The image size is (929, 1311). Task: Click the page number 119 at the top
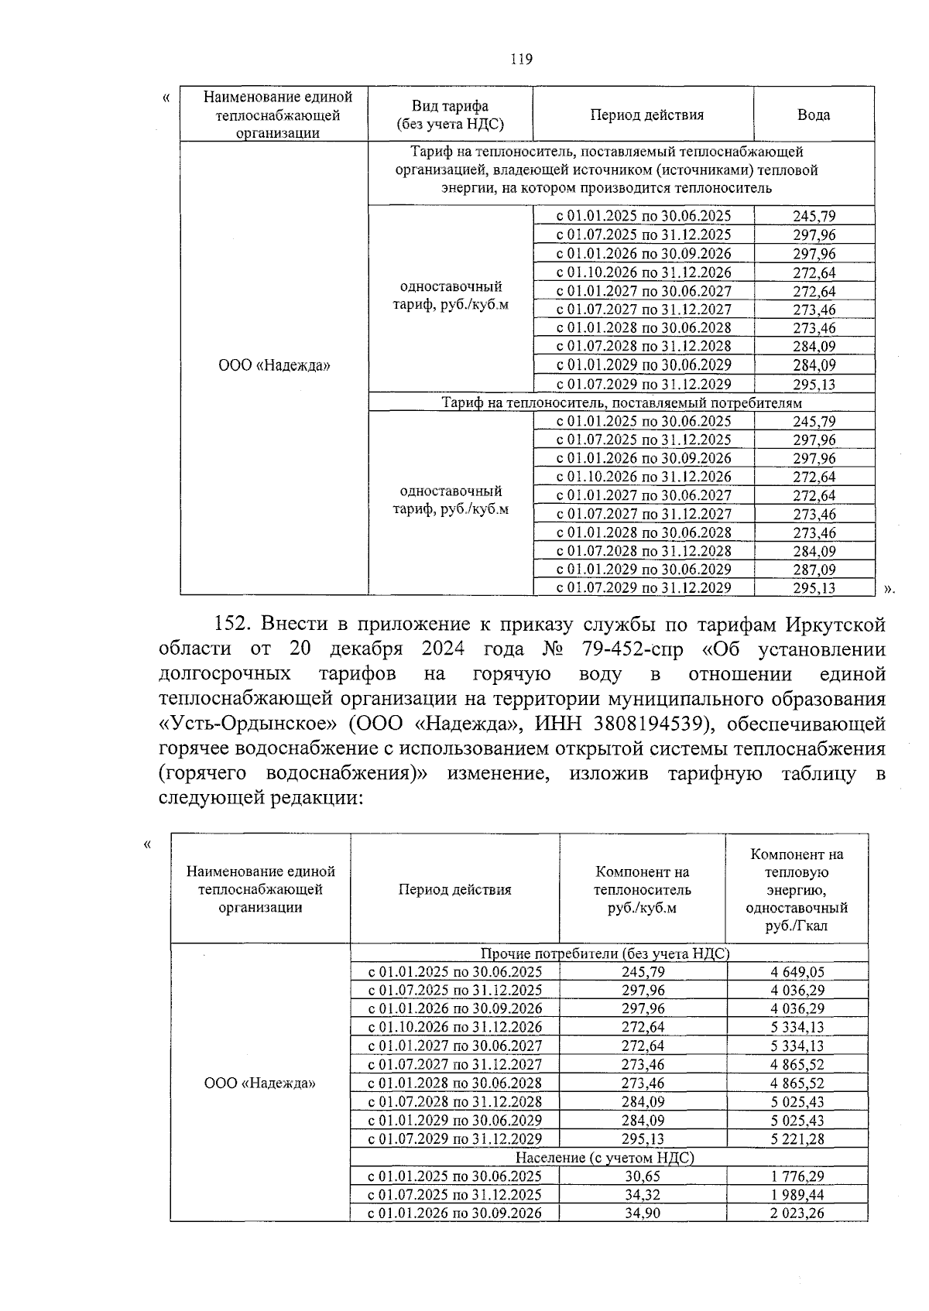click(522, 60)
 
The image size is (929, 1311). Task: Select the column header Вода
click(814, 115)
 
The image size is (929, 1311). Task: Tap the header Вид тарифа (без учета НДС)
click(450, 115)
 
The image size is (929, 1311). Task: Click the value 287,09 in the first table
click(814, 570)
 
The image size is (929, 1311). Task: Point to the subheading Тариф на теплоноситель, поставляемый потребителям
click(621, 402)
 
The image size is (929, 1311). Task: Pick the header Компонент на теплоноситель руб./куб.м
click(642, 889)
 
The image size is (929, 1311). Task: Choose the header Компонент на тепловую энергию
click(796, 889)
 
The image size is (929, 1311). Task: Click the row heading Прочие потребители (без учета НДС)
click(605, 953)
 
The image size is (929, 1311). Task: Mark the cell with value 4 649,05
click(797, 972)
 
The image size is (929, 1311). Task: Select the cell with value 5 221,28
click(797, 1139)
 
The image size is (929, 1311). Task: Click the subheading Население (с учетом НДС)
click(605, 1158)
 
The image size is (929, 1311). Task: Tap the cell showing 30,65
click(642, 1176)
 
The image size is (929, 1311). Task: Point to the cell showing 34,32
click(642, 1195)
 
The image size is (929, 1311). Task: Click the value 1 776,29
click(797, 1176)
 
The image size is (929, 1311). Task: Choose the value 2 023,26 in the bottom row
click(797, 1213)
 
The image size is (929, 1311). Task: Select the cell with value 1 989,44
click(797, 1195)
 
